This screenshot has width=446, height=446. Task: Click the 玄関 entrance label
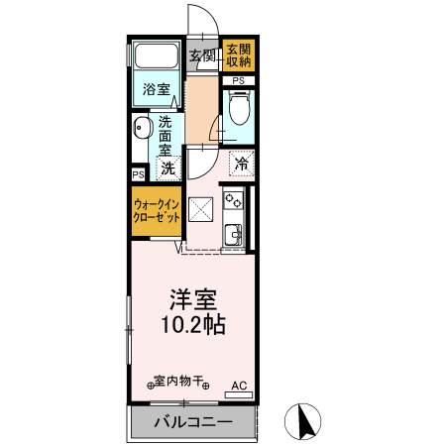202,55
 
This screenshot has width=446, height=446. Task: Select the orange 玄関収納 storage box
238,55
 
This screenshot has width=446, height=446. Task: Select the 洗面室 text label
165,138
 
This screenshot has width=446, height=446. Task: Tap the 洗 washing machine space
167,168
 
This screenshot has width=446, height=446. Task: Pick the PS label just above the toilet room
238,80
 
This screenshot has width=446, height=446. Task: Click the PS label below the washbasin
138,173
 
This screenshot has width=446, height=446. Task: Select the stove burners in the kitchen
234,201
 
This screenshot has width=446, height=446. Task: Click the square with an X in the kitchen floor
201,209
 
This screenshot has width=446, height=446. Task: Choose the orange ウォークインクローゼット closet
157,210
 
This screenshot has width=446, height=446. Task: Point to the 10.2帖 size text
194,325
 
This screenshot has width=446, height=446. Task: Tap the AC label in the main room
239,384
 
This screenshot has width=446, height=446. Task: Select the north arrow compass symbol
304,422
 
